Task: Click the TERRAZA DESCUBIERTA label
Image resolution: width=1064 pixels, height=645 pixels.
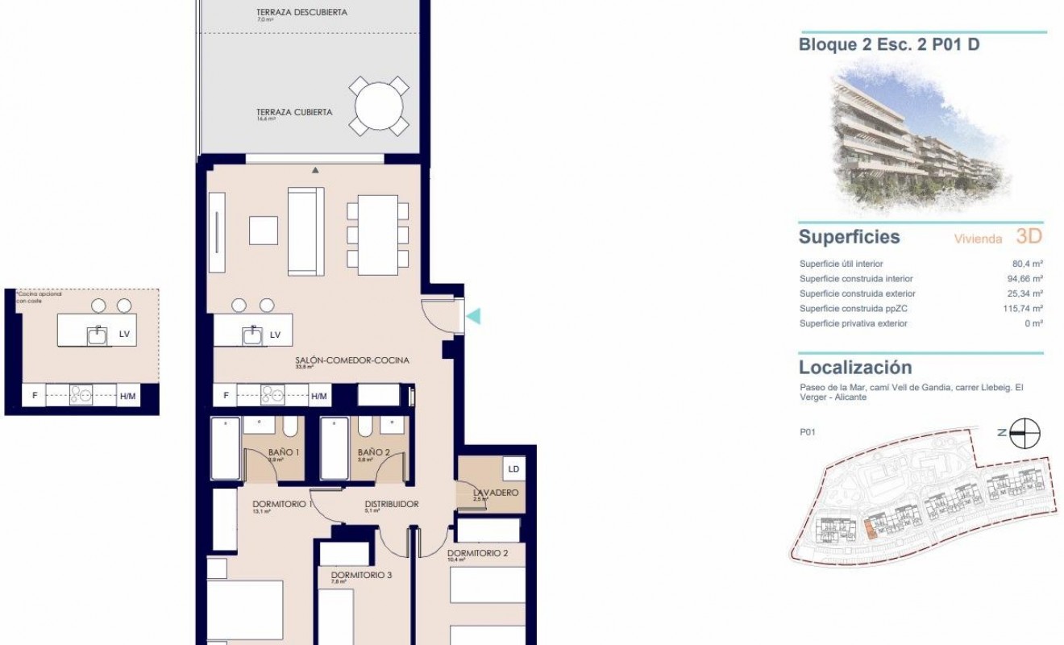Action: pyautogui.click(x=290, y=12)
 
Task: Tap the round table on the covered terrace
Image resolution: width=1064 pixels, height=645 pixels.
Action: pyautogui.click(x=379, y=106)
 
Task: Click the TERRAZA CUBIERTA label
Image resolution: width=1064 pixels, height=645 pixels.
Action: pyautogui.click(x=294, y=113)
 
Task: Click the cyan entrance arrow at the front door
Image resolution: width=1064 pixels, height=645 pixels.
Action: pyautogui.click(x=475, y=316)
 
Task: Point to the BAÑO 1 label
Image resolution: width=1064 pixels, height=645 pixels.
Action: pyautogui.click(x=285, y=453)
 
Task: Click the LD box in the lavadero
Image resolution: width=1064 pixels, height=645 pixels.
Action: pyautogui.click(x=513, y=468)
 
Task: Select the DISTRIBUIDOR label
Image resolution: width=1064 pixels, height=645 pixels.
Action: pyautogui.click(x=392, y=504)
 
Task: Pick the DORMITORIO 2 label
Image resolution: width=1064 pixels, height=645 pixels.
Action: pyautogui.click(x=477, y=553)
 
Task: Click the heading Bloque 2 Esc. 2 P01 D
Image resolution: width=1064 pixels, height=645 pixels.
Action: pyautogui.click(x=889, y=45)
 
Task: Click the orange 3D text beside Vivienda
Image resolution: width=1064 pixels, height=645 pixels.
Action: pyautogui.click(x=1029, y=236)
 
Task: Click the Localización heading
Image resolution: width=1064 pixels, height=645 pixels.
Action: pyautogui.click(x=855, y=368)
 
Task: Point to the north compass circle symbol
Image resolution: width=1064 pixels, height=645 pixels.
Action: pyautogui.click(x=1026, y=433)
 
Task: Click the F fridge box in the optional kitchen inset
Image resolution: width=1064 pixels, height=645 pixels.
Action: pyautogui.click(x=35, y=396)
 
